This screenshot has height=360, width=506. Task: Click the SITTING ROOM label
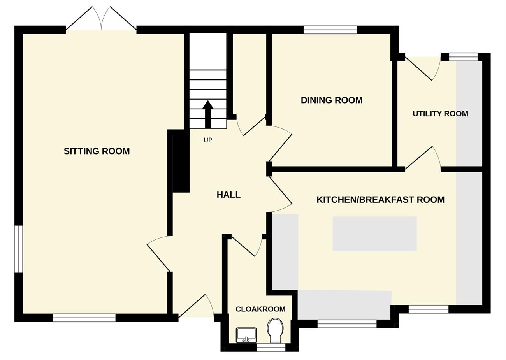[97, 151]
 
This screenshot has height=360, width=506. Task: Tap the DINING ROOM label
[332, 100]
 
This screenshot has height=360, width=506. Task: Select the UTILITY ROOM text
[440, 114]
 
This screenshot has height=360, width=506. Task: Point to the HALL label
[228, 195]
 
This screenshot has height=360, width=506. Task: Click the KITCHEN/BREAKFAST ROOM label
[380, 200]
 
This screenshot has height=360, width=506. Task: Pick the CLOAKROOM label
[260, 309]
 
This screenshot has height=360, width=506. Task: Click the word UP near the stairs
[208, 140]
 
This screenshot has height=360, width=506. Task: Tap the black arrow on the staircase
[208, 114]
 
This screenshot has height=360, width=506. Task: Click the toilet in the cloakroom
[275, 331]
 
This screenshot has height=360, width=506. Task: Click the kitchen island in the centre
[374, 234]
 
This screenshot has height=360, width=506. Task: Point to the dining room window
[330, 30]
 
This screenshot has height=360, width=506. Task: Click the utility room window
[463, 57]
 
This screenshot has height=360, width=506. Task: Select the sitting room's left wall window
[19, 249]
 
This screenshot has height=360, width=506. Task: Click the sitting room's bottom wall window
[84, 318]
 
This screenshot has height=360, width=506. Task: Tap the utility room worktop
[469, 114]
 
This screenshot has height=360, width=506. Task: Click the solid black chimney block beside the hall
[181, 164]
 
